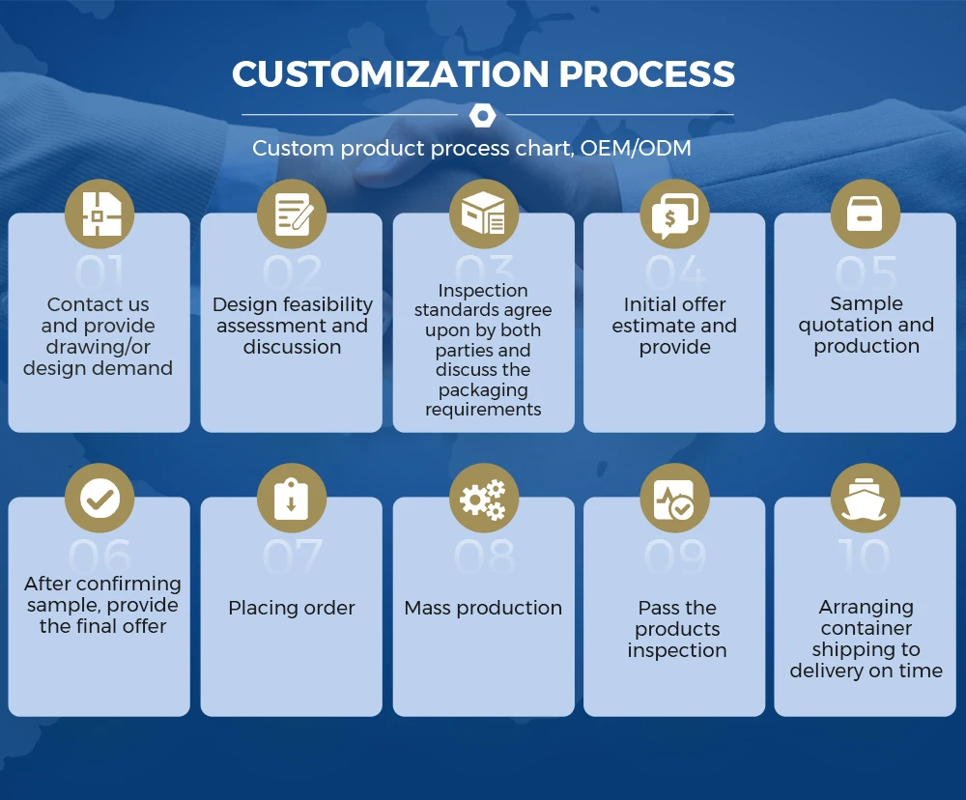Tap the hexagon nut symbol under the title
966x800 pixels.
(482, 116)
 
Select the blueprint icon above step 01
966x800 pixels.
(99, 214)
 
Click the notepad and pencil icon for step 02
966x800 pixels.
(292, 214)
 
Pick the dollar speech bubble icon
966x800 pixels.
(674, 214)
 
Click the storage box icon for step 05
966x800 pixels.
(866, 214)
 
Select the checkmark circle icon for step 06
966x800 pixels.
(99, 499)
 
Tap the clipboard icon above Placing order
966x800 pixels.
(292, 499)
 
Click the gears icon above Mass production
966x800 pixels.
(483, 499)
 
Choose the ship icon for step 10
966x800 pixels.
(866, 499)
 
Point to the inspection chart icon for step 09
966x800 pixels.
(674, 499)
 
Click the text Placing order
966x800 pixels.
(292, 608)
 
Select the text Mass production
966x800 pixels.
(483, 608)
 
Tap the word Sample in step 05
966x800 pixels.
(866, 303)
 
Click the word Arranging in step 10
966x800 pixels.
(866, 607)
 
